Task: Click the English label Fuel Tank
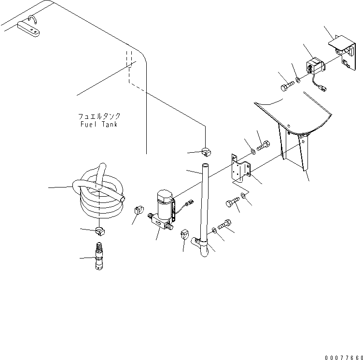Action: [99, 124]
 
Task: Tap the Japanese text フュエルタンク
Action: [99, 116]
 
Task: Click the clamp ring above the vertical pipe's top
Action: [205, 152]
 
